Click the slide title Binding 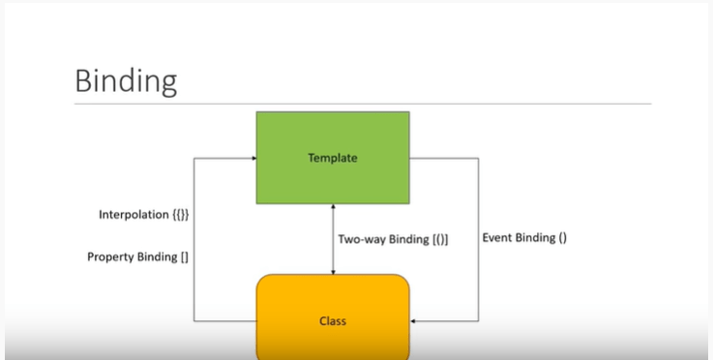click(x=126, y=81)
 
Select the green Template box click(x=333, y=158)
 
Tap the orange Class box click(x=333, y=316)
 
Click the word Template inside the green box click(x=333, y=158)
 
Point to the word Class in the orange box click(x=333, y=321)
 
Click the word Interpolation click(x=134, y=215)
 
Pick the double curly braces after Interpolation click(x=181, y=215)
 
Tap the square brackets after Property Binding click(x=184, y=257)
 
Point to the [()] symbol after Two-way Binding click(x=440, y=239)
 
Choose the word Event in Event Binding click(x=496, y=237)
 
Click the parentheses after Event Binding click(x=562, y=238)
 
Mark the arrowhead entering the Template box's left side click(x=253, y=159)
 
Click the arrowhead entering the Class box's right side click(x=413, y=321)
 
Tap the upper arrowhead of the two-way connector click(x=333, y=207)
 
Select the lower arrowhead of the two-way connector click(x=333, y=272)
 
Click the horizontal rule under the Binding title click(x=363, y=104)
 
